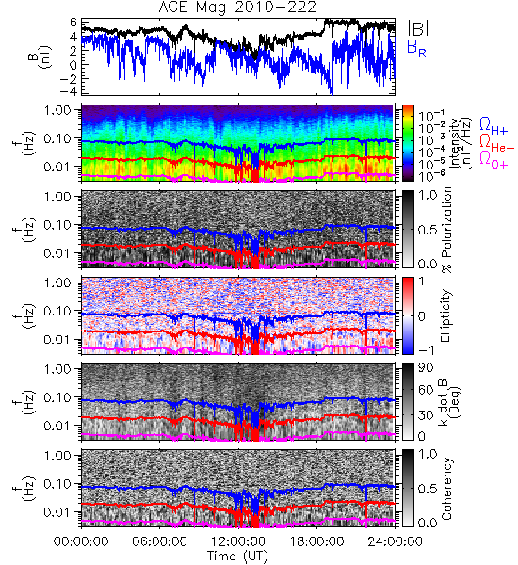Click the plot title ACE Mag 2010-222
(237, 8)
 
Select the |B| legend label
(418, 27)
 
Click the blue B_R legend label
(416, 48)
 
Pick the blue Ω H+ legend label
(494, 126)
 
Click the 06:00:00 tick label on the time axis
(160, 541)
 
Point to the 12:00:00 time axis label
(238, 541)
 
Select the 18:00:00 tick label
(316, 541)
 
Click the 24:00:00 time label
(395, 541)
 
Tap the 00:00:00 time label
(81, 541)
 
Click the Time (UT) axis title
(237, 556)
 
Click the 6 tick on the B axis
(73, 22)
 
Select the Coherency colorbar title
(446, 489)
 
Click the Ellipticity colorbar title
(445, 315)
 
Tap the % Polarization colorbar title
(446, 230)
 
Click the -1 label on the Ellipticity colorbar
(426, 350)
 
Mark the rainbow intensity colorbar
(408, 143)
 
